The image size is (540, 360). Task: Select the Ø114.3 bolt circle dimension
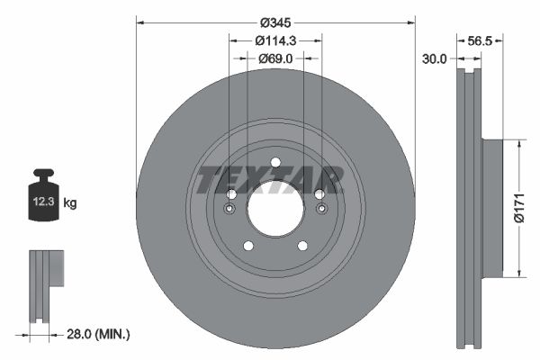(275, 40)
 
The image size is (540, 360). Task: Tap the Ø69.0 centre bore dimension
(275, 58)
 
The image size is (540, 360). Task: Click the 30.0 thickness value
(435, 58)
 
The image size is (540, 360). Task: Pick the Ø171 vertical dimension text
(519, 207)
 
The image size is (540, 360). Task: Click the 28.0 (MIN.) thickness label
(99, 334)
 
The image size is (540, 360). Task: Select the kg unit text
(70, 203)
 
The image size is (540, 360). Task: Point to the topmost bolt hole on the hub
(274, 163)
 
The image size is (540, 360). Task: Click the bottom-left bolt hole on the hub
(248, 246)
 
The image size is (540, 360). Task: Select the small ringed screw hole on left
(230, 211)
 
